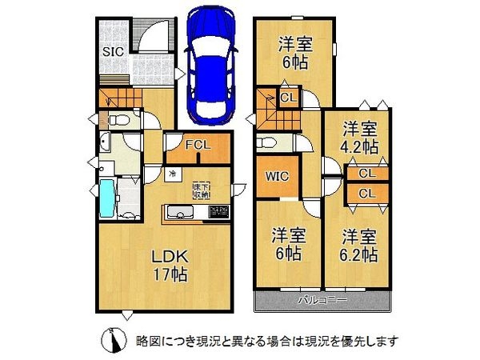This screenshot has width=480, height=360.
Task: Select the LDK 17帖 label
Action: [x=170, y=266]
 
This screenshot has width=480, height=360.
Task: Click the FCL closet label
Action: [x=198, y=146]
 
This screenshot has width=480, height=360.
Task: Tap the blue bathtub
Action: [x=108, y=199]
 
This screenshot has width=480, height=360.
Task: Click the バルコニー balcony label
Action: [x=323, y=302]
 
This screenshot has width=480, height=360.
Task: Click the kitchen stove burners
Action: [x=218, y=212]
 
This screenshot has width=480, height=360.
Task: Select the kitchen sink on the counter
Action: [x=179, y=212]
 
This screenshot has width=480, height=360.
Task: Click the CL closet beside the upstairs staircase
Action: [x=290, y=98]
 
